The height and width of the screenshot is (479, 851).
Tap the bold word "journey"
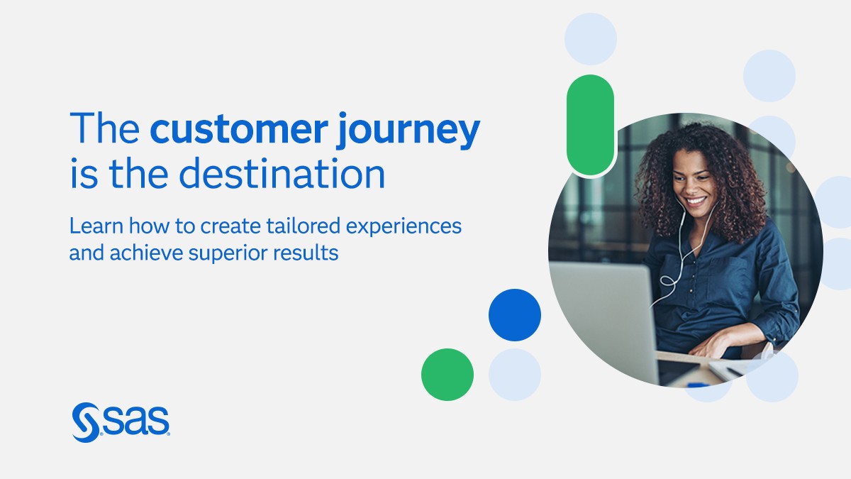[408, 131]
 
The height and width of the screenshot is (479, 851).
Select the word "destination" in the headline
[282, 174]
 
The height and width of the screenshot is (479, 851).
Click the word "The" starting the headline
[105, 128]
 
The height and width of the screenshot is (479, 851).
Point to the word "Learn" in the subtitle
[96, 226]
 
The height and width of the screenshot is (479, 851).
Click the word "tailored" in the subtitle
[303, 226]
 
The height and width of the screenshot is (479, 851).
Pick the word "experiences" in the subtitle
[404, 227]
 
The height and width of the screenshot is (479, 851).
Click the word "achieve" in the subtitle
[146, 253]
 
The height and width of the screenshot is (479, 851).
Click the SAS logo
[121, 422]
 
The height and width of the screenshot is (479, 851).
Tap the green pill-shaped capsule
[590, 125]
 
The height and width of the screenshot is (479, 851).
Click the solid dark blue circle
[515, 315]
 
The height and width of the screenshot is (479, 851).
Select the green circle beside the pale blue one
[447, 375]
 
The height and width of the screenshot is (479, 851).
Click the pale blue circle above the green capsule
[590, 39]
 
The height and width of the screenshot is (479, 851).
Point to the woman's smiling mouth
[696, 201]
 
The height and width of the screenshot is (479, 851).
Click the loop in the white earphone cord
[668, 281]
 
